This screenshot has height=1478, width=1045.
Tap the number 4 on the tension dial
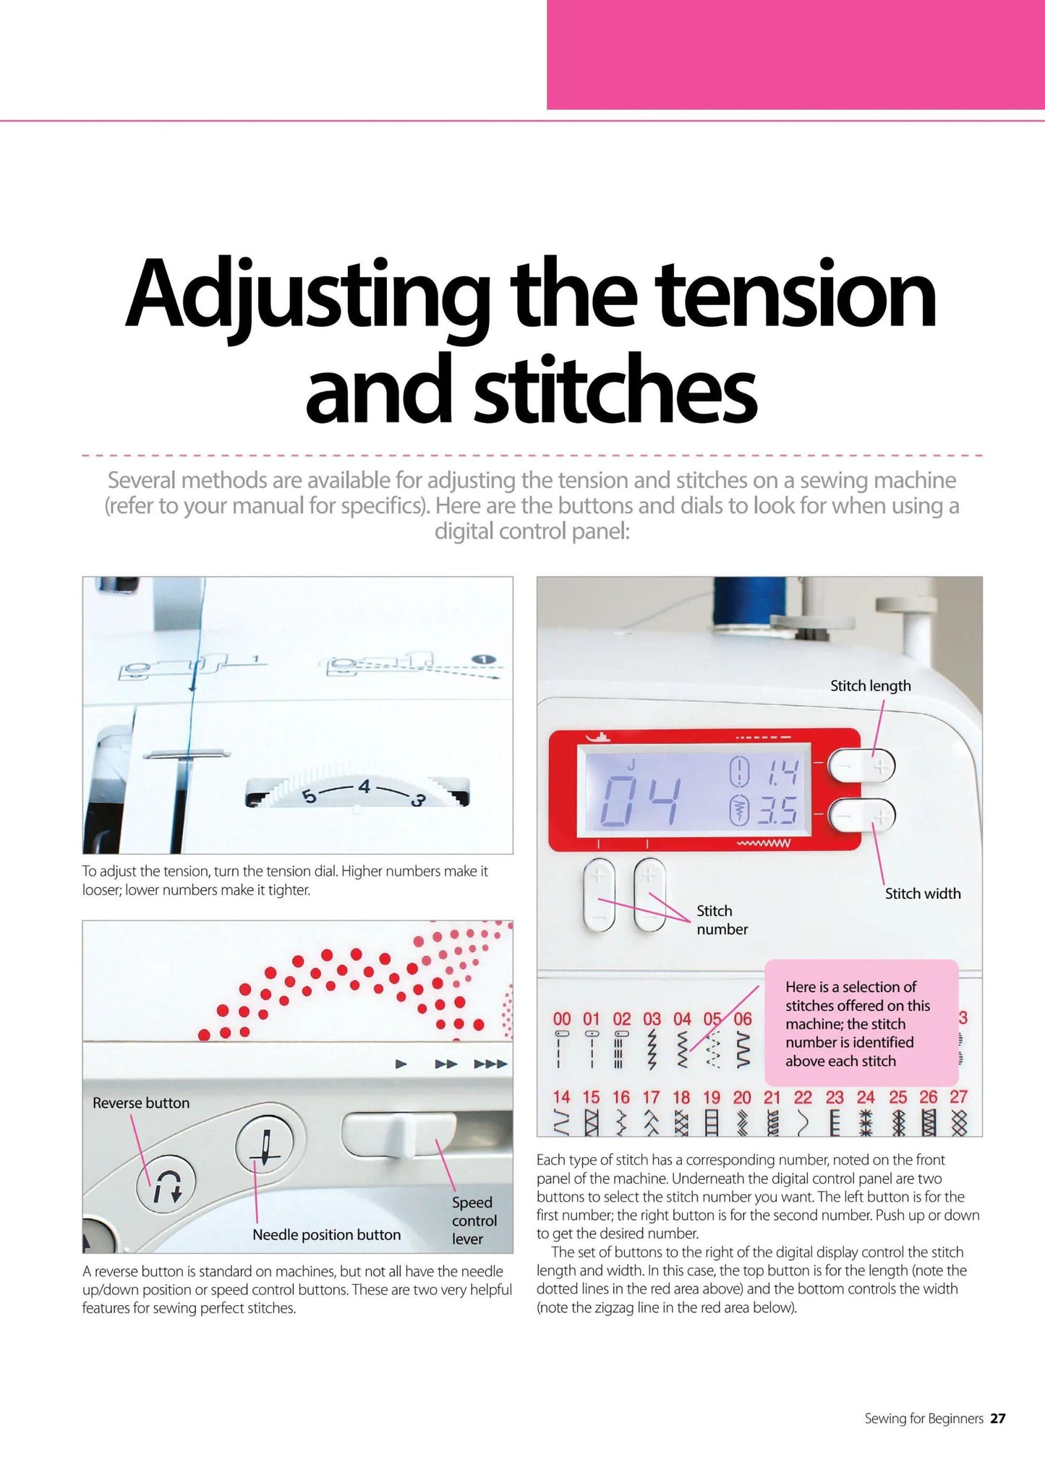pos(364,786)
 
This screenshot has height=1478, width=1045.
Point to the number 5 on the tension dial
pos(310,797)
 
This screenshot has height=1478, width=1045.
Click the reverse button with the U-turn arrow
pos(166,1187)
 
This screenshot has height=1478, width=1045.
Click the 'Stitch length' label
pos(870,686)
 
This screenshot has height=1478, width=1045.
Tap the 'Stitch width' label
pos(923,894)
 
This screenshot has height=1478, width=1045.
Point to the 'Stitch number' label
pos(722,920)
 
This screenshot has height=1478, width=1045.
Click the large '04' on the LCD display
pos(641,801)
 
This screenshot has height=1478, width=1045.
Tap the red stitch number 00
pos(562,1019)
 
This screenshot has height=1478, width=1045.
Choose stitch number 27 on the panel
pos(958,1097)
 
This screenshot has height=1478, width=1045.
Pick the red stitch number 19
pos(712,1098)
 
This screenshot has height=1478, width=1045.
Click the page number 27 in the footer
pos(998,1419)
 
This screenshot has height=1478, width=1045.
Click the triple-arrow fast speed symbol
pos(491,1064)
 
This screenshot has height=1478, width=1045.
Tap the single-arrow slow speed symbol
pos(401,1064)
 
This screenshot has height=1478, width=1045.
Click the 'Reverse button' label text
pos(141,1103)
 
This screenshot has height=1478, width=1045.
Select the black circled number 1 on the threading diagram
pos(484,659)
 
